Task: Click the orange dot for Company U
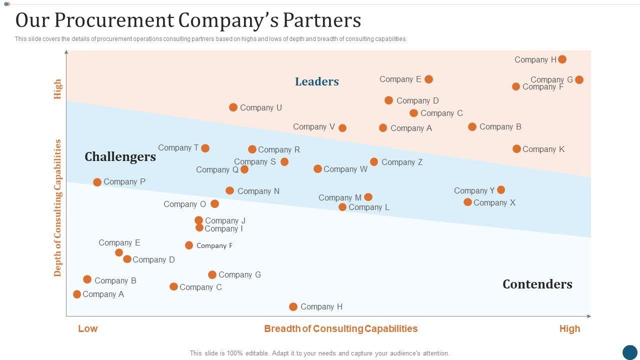(233, 107)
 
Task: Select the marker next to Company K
(516, 149)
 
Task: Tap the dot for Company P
(97, 182)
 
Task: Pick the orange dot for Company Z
(374, 162)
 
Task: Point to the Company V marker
(342, 128)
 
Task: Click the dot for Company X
(467, 202)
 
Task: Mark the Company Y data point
(501, 190)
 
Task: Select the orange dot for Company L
(342, 207)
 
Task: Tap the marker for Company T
(205, 148)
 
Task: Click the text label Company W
(345, 169)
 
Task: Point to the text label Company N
(258, 191)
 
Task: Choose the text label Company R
(279, 150)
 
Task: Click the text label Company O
(184, 204)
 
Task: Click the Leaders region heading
(317, 81)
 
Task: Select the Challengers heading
(120, 157)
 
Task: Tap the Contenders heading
(537, 284)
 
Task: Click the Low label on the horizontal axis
(88, 329)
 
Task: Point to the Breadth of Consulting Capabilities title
(340, 329)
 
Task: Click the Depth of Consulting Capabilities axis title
(58, 208)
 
